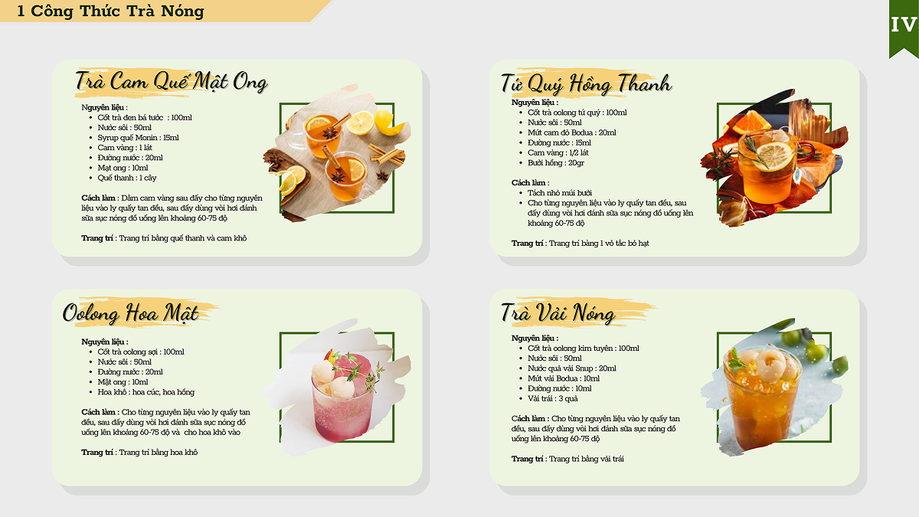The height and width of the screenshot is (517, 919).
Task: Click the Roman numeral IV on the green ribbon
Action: (x=904, y=25)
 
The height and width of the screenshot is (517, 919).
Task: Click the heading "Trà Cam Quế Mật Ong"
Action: (x=172, y=81)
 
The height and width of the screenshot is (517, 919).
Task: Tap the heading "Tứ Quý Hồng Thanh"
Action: (x=587, y=84)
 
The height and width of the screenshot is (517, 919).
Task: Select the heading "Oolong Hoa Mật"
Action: (x=130, y=313)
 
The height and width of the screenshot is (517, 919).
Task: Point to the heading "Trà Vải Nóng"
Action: (x=558, y=313)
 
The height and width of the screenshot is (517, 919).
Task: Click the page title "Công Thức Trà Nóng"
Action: (x=117, y=11)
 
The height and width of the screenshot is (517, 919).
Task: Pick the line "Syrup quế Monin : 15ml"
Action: (x=138, y=137)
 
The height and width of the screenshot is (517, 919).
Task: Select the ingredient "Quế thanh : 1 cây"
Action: (x=127, y=178)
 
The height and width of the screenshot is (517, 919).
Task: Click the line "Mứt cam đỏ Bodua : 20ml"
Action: (x=572, y=133)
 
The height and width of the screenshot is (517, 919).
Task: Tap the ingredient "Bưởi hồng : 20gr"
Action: (x=555, y=163)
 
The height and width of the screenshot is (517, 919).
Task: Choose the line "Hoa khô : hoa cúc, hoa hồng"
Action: (x=146, y=392)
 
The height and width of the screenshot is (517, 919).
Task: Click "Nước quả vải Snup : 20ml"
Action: (x=572, y=368)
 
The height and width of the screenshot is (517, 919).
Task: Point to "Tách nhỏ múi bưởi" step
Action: (x=560, y=193)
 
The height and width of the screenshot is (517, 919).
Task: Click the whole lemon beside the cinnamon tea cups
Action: (x=387, y=123)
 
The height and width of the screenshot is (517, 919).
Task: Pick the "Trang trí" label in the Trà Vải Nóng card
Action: (x=527, y=459)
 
